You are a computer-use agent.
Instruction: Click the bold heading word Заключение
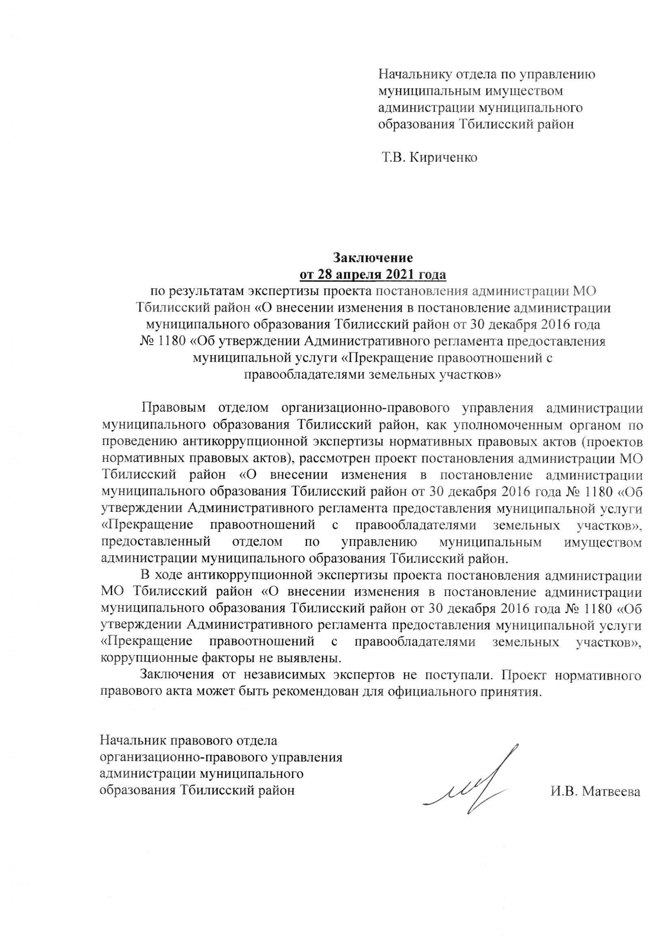click(373, 257)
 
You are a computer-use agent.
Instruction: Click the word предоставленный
click(156, 542)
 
